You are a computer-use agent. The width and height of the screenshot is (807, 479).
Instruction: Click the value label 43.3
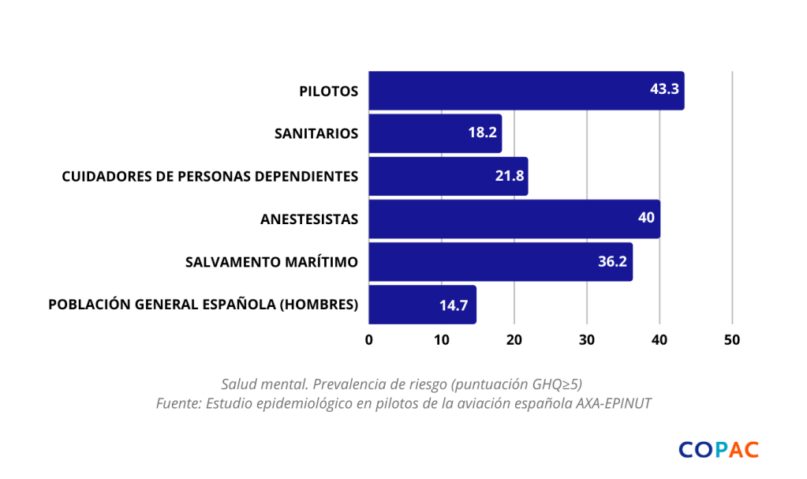(664, 89)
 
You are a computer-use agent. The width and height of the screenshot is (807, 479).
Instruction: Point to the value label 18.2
(482, 133)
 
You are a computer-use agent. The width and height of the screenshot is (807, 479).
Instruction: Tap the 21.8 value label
(510, 175)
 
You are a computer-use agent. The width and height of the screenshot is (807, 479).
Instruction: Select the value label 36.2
(612, 261)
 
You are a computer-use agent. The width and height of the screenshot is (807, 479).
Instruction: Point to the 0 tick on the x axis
(369, 340)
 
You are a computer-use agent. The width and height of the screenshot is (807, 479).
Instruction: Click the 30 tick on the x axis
(587, 340)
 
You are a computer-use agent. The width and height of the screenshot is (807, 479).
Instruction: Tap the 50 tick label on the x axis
(732, 340)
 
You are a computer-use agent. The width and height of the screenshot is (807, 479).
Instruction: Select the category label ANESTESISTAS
(309, 219)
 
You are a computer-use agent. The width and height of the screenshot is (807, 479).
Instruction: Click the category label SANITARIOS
(316, 133)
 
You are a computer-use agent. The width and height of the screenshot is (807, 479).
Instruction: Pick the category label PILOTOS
(329, 91)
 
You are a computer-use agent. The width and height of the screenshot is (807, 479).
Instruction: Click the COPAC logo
(718, 450)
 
